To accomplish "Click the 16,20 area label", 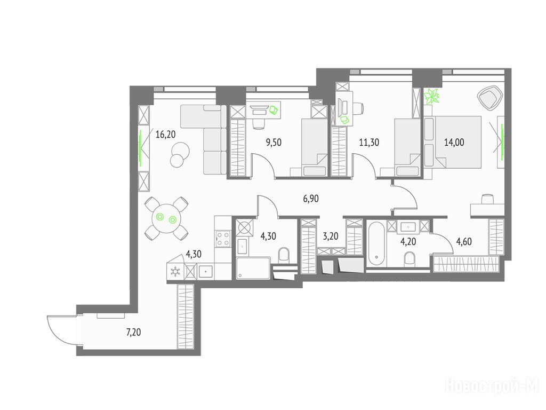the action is (x=165, y=134).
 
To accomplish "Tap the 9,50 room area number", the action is (x=274, y=142).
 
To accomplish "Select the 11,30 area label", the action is (x=369, y=142).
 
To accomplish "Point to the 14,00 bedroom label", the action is (x=454, y=142).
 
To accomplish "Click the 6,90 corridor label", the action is (x=311, y=199).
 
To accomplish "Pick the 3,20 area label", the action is (x=331, y=236).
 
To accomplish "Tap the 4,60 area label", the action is (x=464, y=241).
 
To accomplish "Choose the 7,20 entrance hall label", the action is (x=133, y=332).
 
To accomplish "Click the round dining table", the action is (x=166, y=218).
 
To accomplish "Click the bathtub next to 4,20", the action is (x=376, y=244).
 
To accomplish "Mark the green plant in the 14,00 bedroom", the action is (x=432, y=96).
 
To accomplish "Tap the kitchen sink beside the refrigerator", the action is (x=206, y=271).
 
